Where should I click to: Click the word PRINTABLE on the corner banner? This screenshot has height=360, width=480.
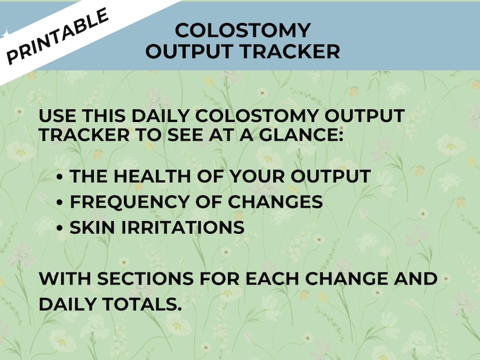pyautogui.click(x=58, y=35)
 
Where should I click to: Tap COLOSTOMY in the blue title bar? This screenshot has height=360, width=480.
pyautogui.click(x=242, y=30)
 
